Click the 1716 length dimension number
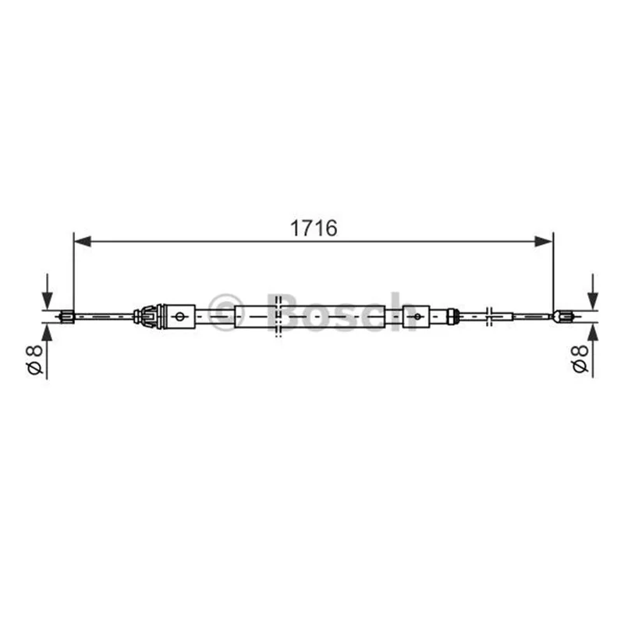coord(314,229)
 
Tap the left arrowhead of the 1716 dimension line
coord(83,241)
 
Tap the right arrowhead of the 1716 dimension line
coord(544,241)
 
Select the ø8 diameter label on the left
coord(34,360)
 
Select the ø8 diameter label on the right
coord(580,359)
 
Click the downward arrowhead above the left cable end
coord(47,301)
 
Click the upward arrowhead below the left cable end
coord(47,332)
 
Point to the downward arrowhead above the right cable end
coord(593,301)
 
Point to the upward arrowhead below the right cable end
coord(593,332)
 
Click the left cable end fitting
coord(66,317)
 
